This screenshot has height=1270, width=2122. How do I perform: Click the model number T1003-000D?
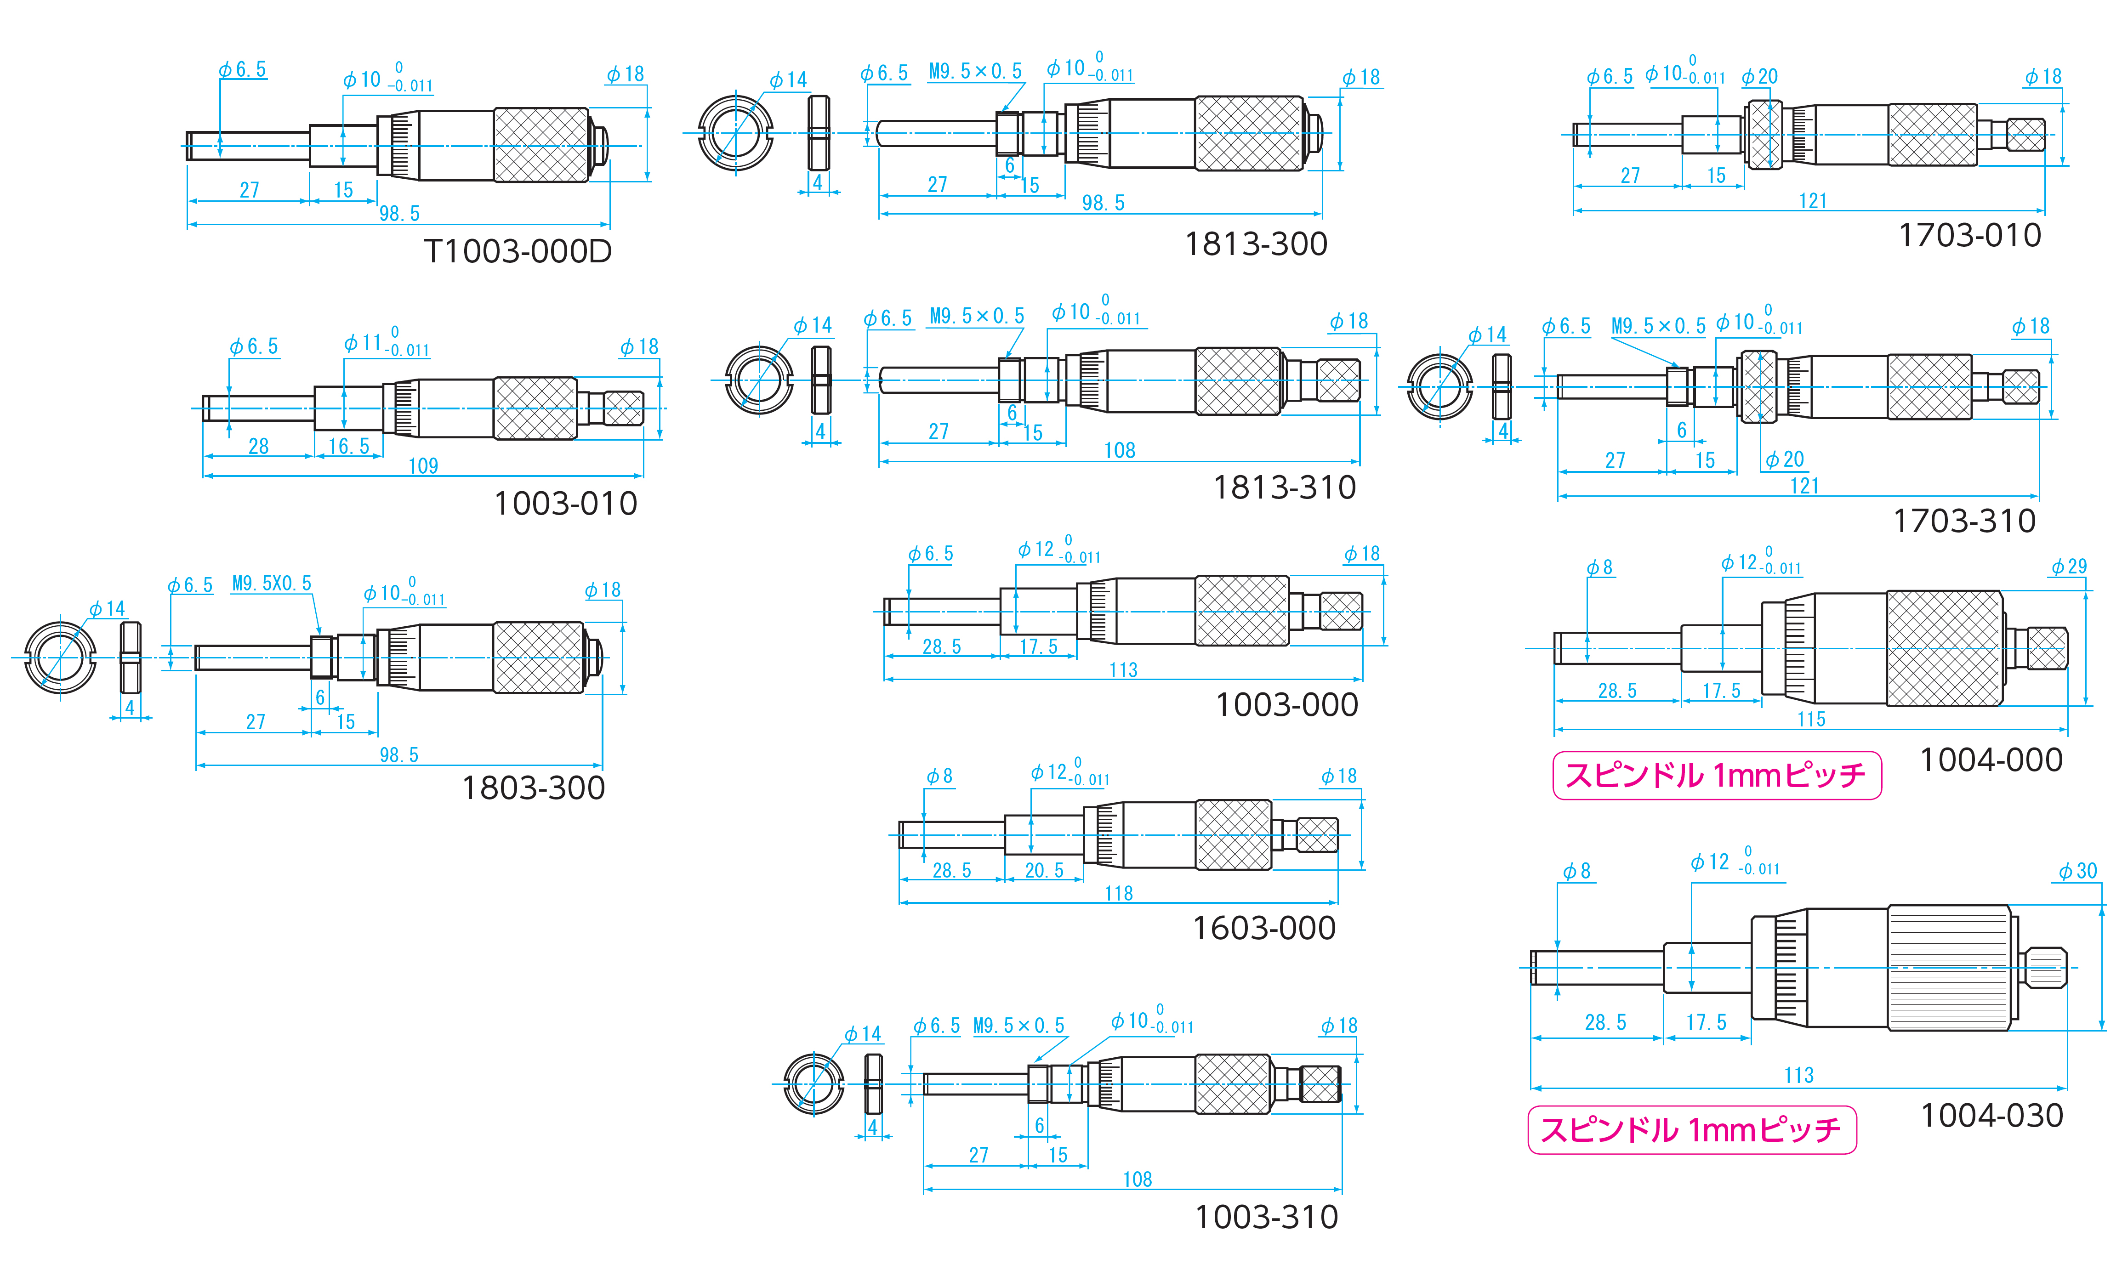[x=518, y=252]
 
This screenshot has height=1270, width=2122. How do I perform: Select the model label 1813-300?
[x=1256, y=245]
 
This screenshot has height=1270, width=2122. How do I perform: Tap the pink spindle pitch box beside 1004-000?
[x=1716, y=775]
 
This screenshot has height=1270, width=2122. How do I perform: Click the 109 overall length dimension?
[x=423, y=466]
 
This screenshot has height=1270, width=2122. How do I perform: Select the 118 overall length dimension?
[x=1119, y=893]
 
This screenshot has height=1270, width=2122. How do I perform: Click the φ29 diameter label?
[x=2069, y=567]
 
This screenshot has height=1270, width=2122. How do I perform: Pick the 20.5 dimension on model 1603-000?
[x=1044, y=870]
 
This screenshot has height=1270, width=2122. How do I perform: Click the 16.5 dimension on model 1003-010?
[x=348, y=446]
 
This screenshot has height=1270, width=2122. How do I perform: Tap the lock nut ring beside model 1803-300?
[x=59, y=657]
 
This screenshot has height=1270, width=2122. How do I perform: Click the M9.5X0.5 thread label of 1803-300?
[x=271, y=584]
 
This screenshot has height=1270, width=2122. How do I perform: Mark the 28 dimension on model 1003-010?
[x=258, y=446]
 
